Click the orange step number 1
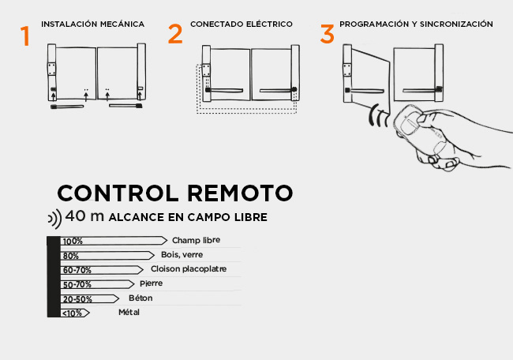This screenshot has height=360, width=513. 25,36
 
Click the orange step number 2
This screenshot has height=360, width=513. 175,34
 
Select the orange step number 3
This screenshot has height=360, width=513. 327,34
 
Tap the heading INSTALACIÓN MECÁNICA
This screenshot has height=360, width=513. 92,24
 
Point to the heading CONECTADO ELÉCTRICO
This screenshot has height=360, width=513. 241,24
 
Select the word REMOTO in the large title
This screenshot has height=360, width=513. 240,193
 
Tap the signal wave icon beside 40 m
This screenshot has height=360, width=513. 54,218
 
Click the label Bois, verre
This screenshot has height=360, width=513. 182,254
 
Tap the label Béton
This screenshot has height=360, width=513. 140,298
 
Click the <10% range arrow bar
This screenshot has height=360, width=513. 75,313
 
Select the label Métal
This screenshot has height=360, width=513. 129,313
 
